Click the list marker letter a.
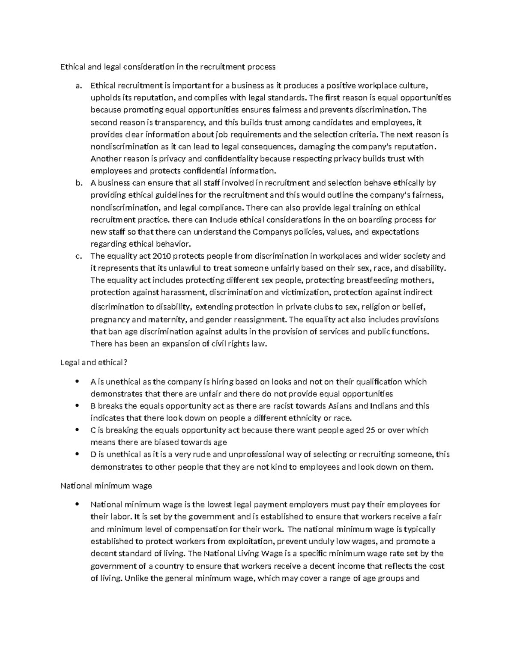[x=78, y=86]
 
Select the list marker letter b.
[x=78, y=183]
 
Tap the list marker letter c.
[x=78, y=256]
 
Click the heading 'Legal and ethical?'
[x=94, y=363]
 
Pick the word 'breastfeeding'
[x=372, y=280]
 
